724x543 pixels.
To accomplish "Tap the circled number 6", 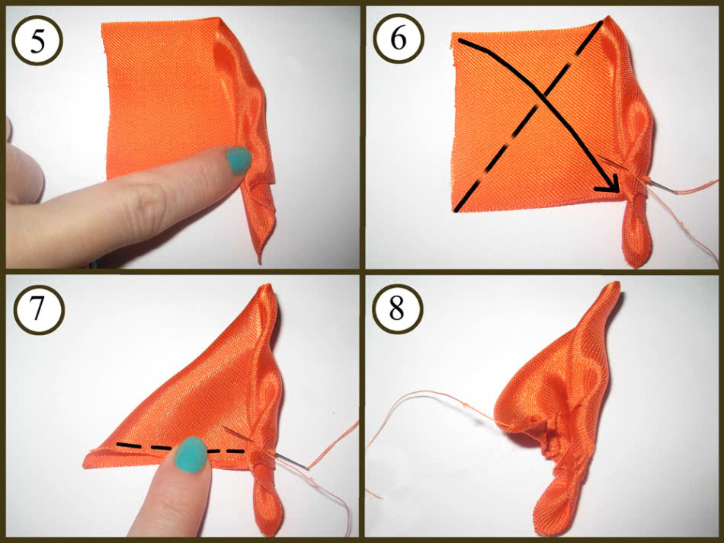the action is (x=398, y=39).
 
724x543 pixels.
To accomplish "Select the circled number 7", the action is (x=38, y=308).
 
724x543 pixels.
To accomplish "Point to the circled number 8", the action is (x=397, y=308).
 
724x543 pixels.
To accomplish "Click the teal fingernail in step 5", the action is (x=239, y=160).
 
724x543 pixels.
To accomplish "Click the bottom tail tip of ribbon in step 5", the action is (x=260, y=262).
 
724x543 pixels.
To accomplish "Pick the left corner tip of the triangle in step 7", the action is (x=86, y=463).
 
